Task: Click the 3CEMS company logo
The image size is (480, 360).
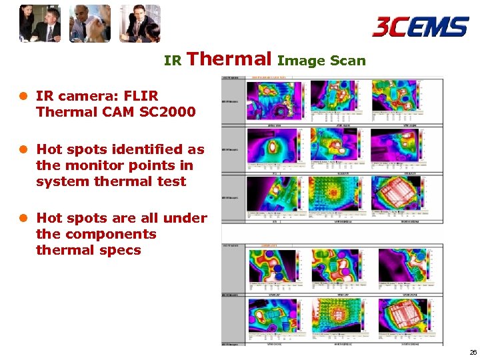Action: [x=420, y=27]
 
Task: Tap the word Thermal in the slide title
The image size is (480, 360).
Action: [x=229, y=59]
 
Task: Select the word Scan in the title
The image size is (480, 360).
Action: [x=348, y=61]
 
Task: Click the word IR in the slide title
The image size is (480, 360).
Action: [x=173, y=61]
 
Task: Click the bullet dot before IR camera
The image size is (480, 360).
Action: [x=24, y=97]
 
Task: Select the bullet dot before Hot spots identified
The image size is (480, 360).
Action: [x=24, y=150]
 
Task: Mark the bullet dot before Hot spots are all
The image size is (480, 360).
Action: [x=24, y=219]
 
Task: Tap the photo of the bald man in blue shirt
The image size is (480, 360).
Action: [x=90, y=23]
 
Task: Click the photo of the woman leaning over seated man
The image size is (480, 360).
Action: [x=40, y=23]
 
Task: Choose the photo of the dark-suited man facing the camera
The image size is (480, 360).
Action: [x=140, y=23]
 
